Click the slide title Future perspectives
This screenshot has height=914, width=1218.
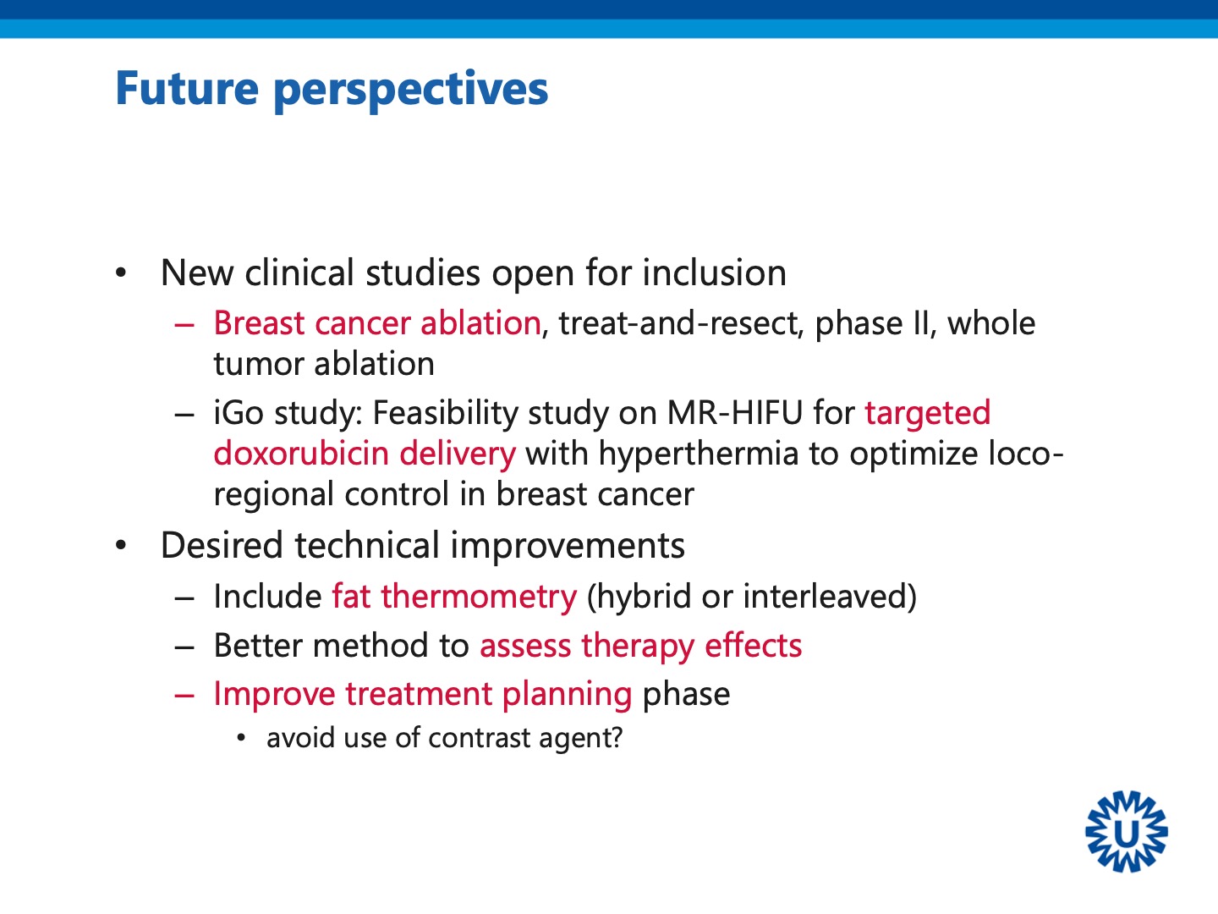[x=332, y=90]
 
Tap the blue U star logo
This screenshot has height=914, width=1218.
[x=1127, y=831]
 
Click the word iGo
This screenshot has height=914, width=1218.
[x=239, y=413]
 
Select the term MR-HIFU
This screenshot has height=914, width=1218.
[x=735, y=413]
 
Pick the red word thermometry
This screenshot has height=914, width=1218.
[x=479, y=597]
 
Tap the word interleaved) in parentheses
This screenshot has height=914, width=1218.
[x=830, y=597]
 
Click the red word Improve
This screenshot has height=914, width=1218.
[x=274, y=694]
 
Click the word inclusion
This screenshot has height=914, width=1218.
[x=714, y=273]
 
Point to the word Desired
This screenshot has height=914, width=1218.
[x=222, y=545]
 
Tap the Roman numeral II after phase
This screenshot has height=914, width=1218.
[x=921, y=323]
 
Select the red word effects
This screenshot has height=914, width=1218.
[x=753, y=646]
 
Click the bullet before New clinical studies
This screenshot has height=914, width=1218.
[x=121, y=273]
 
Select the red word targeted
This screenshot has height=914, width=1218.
[x=927, y=414]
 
